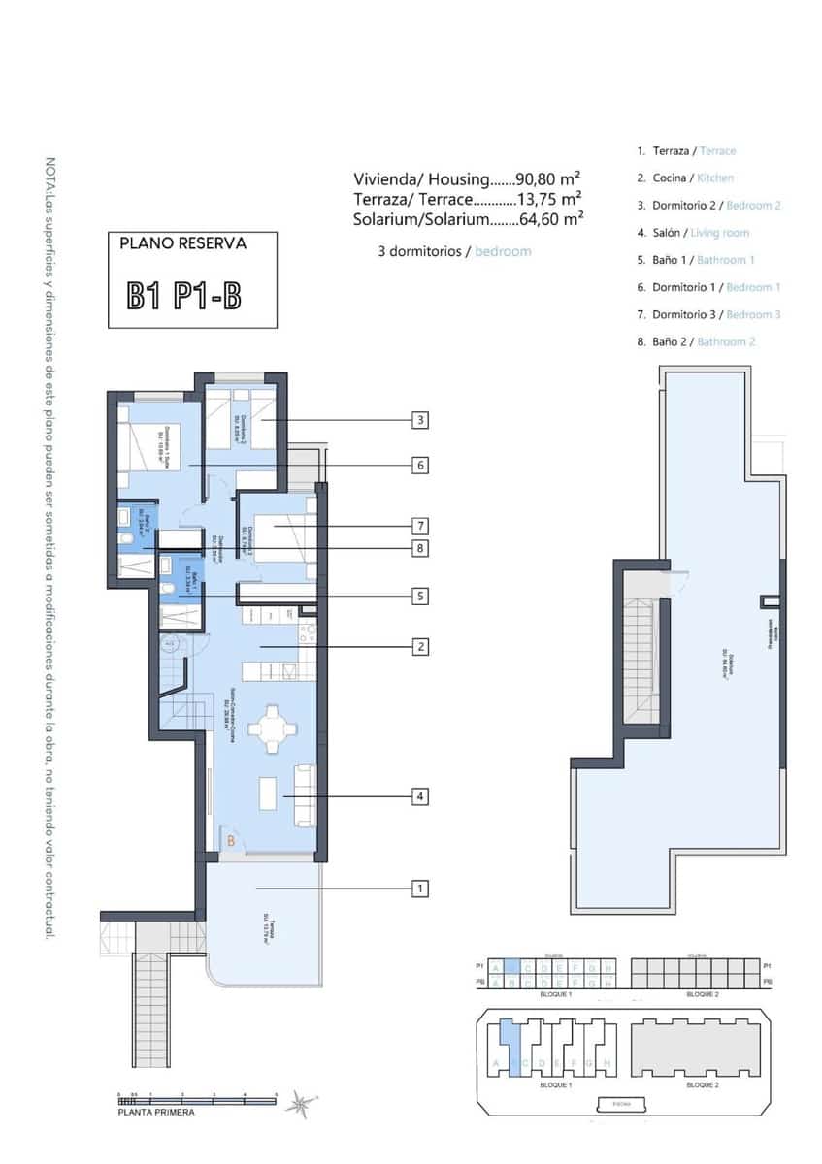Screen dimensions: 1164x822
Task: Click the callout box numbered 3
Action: tap(419, 421)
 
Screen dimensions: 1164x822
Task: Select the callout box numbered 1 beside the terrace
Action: tap(419, 888)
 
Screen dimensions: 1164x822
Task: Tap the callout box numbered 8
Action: tap(419, 548)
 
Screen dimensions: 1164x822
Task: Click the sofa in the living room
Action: tap(305, 795)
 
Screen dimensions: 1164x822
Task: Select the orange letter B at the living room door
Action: tap(231, 842)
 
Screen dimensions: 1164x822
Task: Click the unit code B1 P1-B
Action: tap(184, 295)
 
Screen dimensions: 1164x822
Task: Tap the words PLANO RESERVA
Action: tap(182, 243)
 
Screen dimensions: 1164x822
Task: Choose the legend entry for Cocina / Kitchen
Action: tap(685, 178)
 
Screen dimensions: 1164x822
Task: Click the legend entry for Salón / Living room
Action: tap(693, 233)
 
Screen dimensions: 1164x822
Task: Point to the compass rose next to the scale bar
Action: tap(308, 1103)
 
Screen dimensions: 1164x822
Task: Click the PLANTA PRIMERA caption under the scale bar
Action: tap(156, 1112)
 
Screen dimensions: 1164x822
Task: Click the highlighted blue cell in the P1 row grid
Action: tap(512, 967)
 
